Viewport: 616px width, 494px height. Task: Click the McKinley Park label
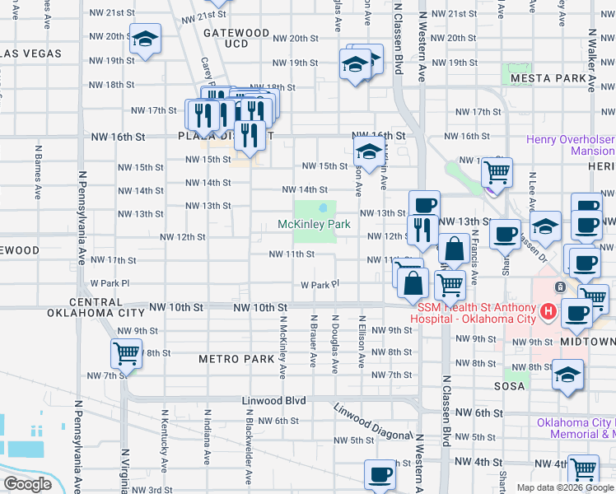314,224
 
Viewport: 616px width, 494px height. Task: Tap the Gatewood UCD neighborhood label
236,38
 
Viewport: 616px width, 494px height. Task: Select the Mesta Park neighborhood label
547,78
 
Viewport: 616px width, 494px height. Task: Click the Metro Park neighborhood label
236,359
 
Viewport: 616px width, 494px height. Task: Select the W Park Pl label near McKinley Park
320,285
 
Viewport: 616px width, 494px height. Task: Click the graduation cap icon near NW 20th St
146,39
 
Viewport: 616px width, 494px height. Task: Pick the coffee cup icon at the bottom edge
380,475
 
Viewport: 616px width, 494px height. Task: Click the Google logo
27,484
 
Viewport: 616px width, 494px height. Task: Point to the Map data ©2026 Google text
565,487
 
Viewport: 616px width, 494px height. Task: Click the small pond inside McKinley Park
325,207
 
